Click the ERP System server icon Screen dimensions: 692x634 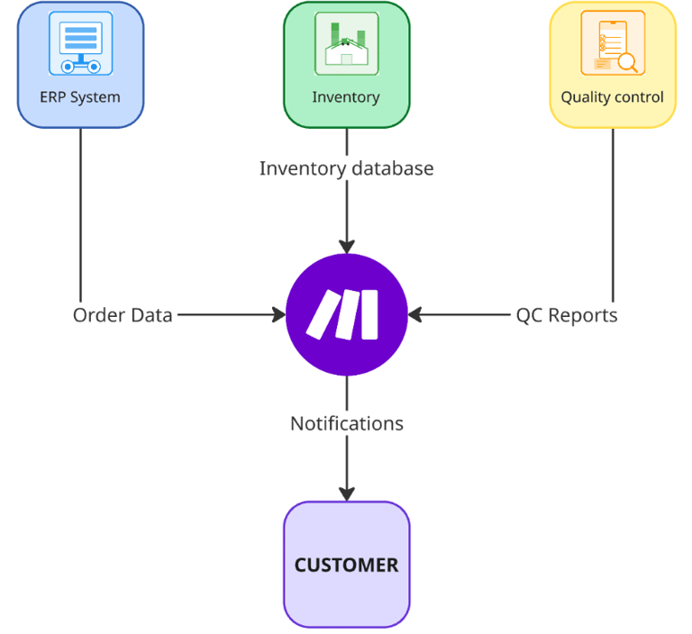pos(81,43)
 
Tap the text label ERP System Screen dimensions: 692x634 pos(80,97)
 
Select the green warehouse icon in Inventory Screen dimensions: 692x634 pos(346,43)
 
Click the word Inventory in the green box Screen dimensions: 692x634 pos(346,97)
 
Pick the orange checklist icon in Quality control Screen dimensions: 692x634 pos(613,43)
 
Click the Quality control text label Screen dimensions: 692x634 pos(612,97)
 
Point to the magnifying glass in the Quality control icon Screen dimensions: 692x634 pos(628,63)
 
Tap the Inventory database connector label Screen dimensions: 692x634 pos(346,168)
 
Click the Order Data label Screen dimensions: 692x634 pos(123,315)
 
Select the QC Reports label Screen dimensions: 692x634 pos(567,315)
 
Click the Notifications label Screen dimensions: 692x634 pos(347,423)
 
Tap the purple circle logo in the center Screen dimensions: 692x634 pos(347,314)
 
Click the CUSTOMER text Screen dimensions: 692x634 pos(346,566)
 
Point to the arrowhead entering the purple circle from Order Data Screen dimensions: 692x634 pos(280,314)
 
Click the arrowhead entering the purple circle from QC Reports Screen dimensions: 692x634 pos(414,314)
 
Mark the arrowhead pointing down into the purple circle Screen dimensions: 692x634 pos(347,247)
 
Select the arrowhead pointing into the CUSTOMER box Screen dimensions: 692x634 pos(347,494)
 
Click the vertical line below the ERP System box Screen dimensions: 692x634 pos(81,215)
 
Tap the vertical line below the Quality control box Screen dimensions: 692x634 pos(613,215)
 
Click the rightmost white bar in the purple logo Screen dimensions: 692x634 pos(369,314)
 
